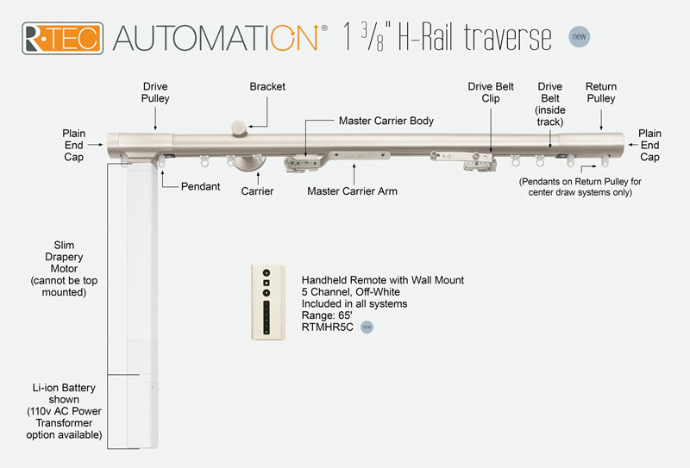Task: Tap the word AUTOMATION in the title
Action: (220, 39)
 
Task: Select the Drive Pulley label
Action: (156, 92)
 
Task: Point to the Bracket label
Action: (267, 87)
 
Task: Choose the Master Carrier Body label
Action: (386, 122)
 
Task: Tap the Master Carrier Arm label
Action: (352, 190)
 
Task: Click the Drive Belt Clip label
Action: (491, 92)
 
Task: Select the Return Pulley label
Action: (600, 92)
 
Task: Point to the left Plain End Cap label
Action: (74, 146)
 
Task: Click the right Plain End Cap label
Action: (649, 146)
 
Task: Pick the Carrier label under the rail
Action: (257, 190)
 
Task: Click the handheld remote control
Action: (267, 302)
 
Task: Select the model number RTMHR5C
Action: (329, 328)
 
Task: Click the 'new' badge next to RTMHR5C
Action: (367, 328)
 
